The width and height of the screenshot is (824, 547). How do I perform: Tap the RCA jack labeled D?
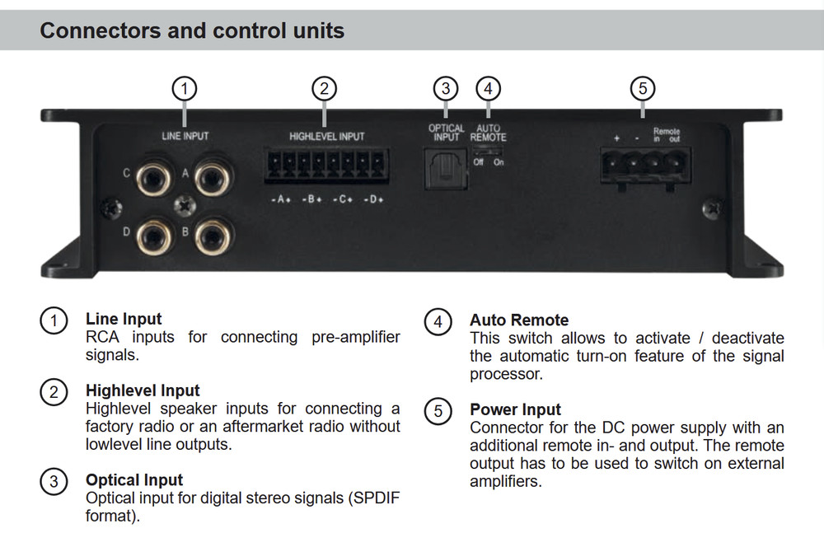(x=155, y=233)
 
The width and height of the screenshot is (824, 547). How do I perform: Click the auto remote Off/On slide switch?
(x=488, y=151)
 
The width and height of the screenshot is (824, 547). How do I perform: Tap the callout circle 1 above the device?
(x=185, y=88)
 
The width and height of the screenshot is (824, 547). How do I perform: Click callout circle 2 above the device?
(x=325, y=88)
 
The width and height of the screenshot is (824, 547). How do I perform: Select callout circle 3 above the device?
(x=446, y=88)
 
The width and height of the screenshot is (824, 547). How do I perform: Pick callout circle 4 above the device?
(x=489, y=88)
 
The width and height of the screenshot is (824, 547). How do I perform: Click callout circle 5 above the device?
(x=643, y=88)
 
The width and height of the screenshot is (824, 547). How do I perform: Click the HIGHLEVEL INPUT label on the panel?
(x=326, y=136)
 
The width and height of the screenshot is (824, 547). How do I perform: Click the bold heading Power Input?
(x=515, y=409)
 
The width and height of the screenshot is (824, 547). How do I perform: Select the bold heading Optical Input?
(x=134, y=479)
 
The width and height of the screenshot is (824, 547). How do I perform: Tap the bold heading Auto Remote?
(x=519, y=320)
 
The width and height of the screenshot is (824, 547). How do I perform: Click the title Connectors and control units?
(x=192, y=31)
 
